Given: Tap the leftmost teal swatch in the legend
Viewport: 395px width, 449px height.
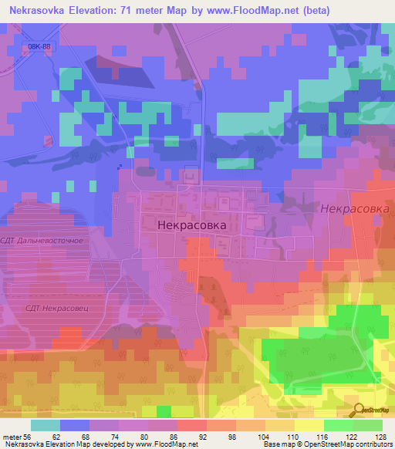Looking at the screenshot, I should [45, 425].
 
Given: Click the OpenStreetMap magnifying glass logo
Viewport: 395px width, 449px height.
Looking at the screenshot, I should [358, 410].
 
